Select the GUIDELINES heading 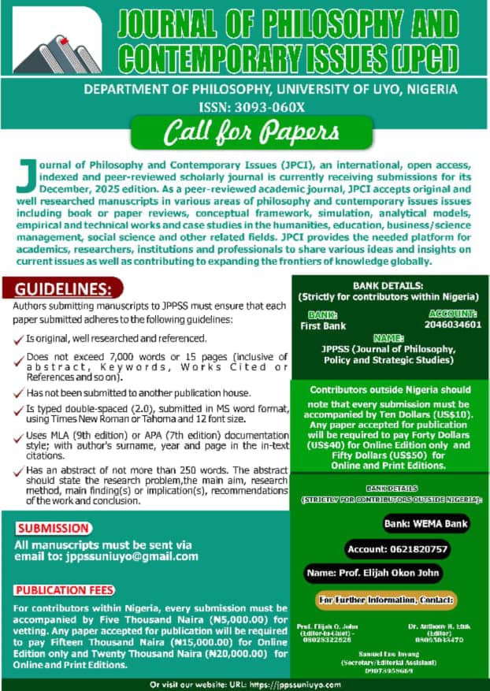[69, 288]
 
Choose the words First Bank [323, 325]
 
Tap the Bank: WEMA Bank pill [425, 523]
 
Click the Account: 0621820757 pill [396, 548]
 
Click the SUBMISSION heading [53, 528]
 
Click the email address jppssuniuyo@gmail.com [133, 556]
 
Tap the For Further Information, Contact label [387, 600]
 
